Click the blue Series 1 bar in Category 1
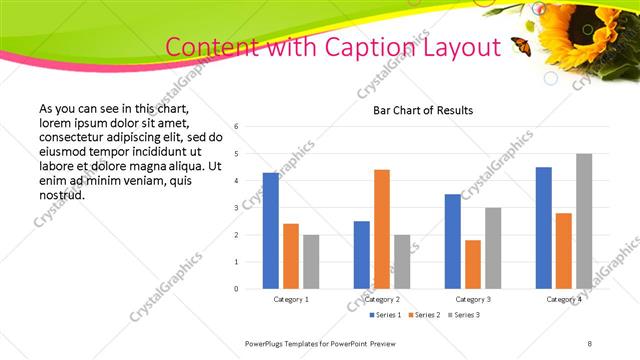tap(270, 231)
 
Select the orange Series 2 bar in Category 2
tap(382, 229)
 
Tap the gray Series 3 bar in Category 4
tap(584, 221)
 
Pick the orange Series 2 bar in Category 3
tap(473, 264)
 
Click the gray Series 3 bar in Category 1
tap(311, 262)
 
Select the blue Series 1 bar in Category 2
tap(361, 255)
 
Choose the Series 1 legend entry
tap(386, 315)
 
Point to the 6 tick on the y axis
tap(235, 127)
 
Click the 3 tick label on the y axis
tap(235, 208)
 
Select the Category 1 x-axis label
tap(291, 299)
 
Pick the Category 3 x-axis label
tap(473, 299)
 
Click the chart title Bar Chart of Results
tap(423, 110)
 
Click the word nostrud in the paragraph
tap(61, 194)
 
